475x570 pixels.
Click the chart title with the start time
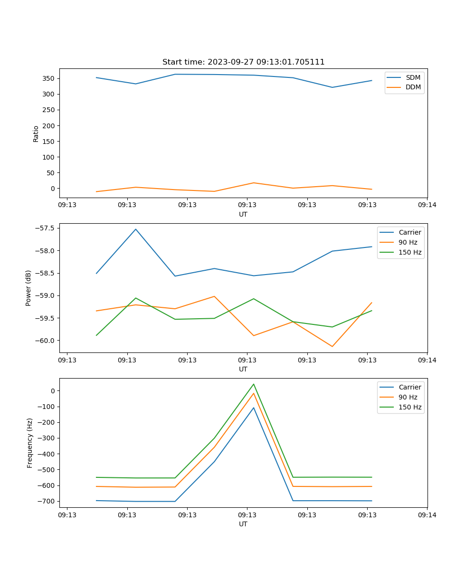(243, 62)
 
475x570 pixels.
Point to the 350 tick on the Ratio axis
(49, 78)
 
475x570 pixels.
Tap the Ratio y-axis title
(36, 134)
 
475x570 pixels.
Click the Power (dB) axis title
(29, 288)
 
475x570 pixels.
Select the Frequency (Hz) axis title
(30, 443)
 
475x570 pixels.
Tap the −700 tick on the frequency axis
(46, 501)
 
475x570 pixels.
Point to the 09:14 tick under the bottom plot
(427, 515)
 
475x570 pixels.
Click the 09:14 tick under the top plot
(427, 205)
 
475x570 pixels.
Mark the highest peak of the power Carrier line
(136, 229)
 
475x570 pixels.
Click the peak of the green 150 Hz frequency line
(254, 384)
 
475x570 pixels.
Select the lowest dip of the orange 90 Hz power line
(332, 346)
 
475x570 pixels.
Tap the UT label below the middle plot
(243, 369)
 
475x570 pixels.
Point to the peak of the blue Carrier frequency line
(254, 408)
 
